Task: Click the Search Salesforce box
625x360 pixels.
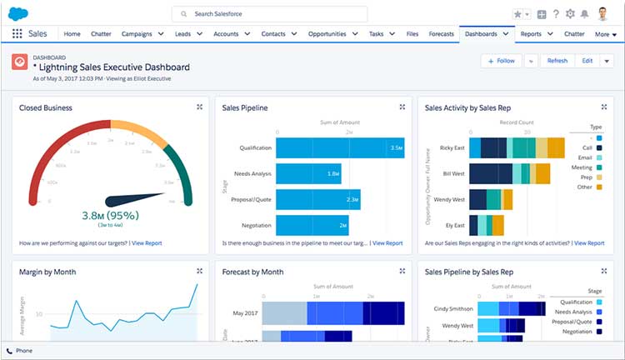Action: coord(269,14)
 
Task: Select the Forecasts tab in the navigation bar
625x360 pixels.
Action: coord(441,34)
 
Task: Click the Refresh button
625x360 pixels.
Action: coord(557,61)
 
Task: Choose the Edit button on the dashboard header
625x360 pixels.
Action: coord(587,61)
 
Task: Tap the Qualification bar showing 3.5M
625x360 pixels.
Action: coord(339,148)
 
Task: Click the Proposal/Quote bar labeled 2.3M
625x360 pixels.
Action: coord(317,199)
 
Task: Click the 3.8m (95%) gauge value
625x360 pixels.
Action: coord(110,215)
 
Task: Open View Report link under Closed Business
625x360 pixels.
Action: coord(147,243)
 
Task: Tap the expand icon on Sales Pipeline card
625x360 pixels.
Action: coord(402,107)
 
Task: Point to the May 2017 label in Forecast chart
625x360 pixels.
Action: coord(246,312)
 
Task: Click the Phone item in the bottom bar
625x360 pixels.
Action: coord(23,351)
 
